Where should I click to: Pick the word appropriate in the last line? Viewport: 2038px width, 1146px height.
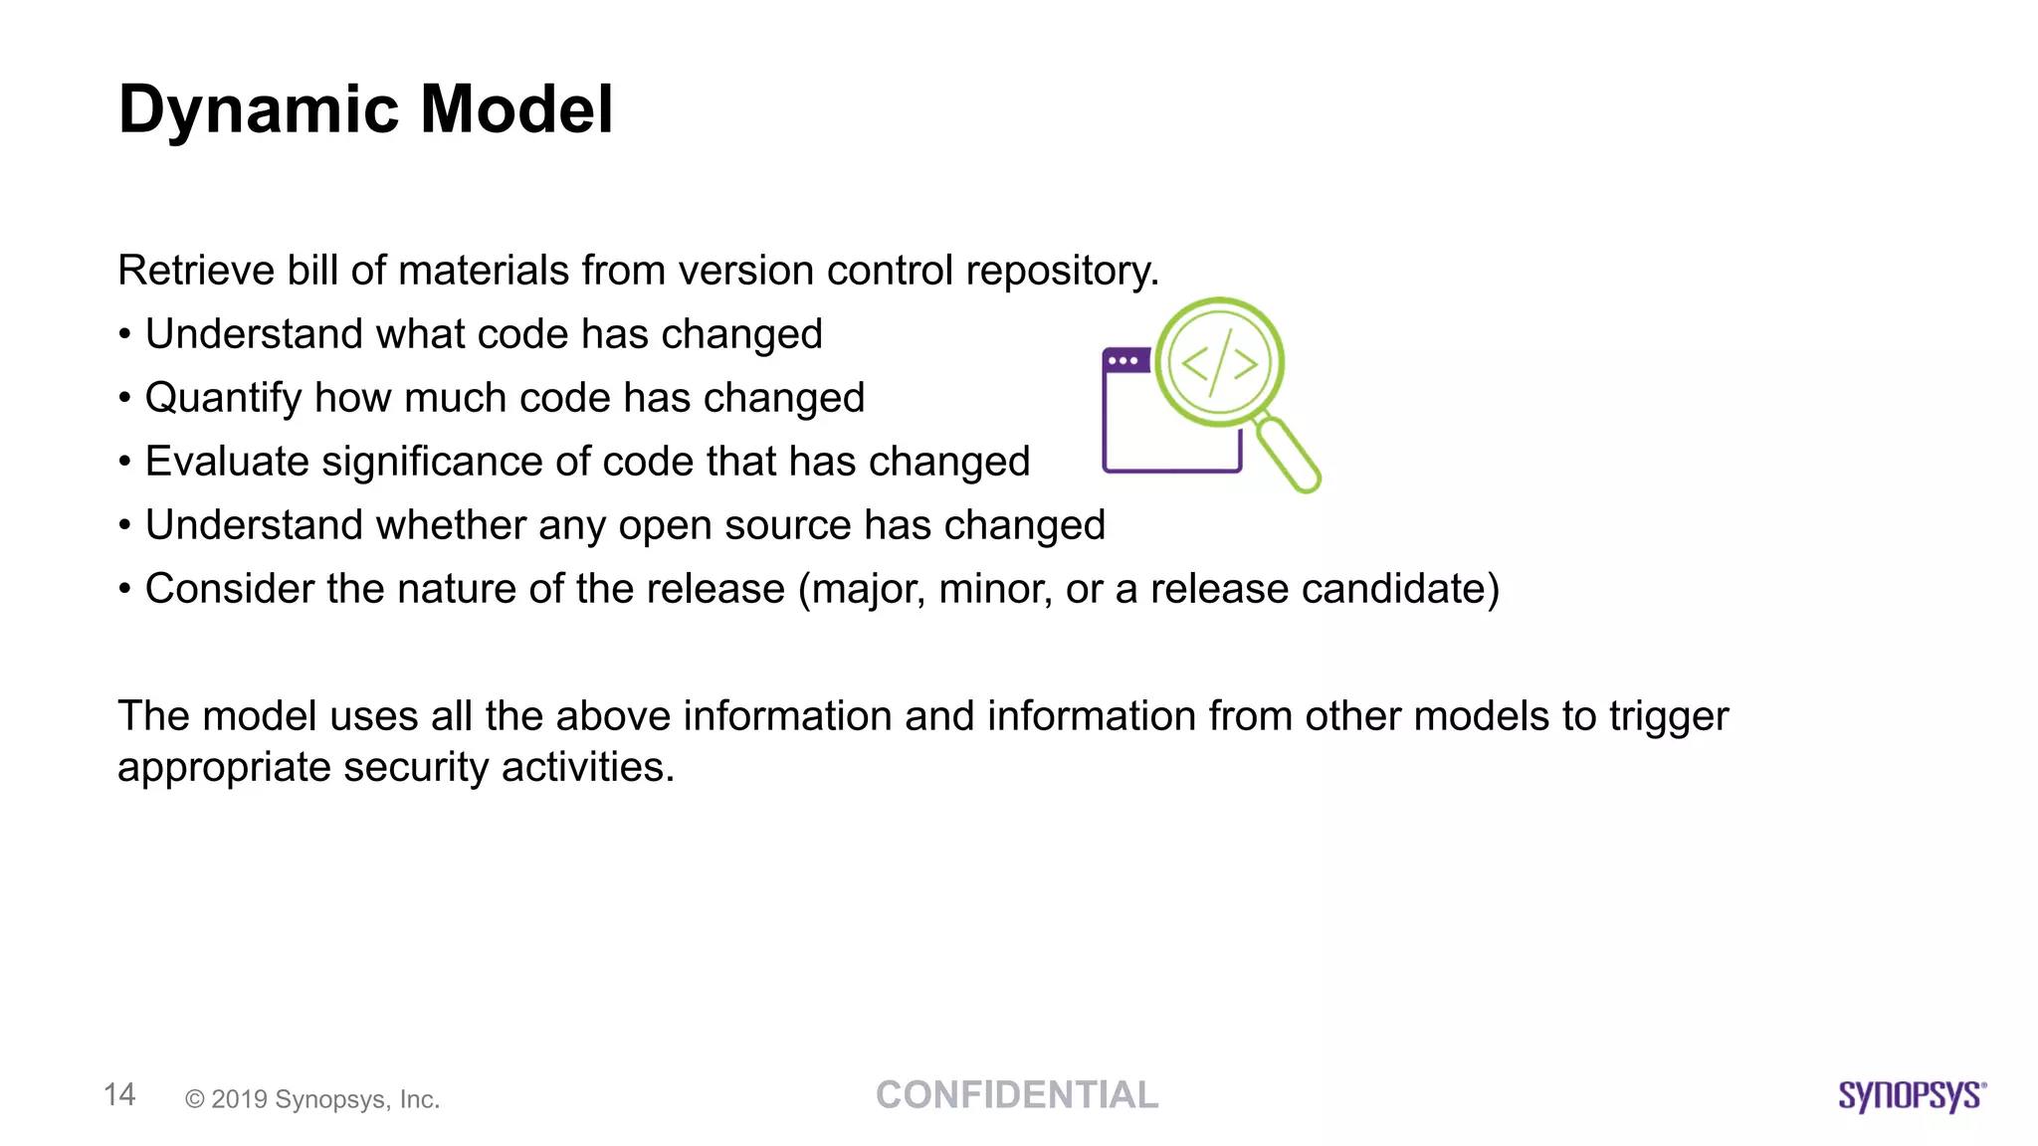pos(224,768)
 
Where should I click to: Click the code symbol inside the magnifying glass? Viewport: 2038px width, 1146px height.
pos(1219,364)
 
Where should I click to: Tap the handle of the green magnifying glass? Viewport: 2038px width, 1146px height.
pos(1290,456)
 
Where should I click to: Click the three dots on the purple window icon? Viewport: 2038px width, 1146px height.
pos(1123,361)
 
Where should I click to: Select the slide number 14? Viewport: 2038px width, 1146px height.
pos(119,1095)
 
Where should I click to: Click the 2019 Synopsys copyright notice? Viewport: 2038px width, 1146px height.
pos(312,1099)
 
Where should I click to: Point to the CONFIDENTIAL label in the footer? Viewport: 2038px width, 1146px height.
pos(1017,1095)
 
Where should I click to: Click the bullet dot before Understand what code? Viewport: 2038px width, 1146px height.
pos(124,335)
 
